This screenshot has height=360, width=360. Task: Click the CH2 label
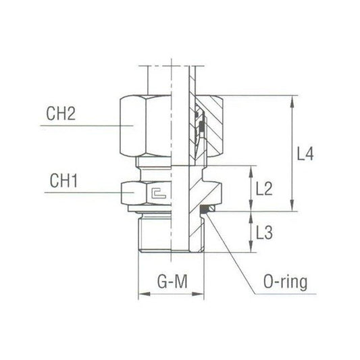pos(61,113)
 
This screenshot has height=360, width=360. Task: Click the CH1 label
pos(63,180)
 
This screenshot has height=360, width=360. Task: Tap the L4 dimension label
pos(305,154)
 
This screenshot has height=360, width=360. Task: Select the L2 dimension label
pos(264,188)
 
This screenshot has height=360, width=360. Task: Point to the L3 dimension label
pos(264,232)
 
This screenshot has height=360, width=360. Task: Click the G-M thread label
pos(172,282)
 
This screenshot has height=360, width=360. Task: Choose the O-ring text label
pos(286,282)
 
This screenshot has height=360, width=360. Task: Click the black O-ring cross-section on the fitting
pos(204,209)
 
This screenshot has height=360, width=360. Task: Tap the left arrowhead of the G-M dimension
pos(145,294)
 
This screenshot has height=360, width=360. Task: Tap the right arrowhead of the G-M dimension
pos(198,294)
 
